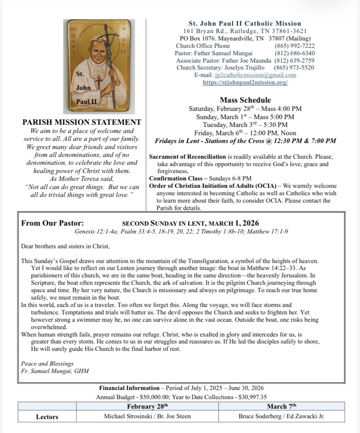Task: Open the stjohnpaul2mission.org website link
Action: [x=245, y=82]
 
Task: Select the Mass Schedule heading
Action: [x=245, y=100]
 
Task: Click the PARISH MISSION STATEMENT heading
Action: [x=82, y=123]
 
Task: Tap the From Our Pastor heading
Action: [x=53, y=223]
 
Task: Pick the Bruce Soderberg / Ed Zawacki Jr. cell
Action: [x=281, y=416]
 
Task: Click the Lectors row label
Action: [x=47, y=417]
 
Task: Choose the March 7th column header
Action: [x=281, y=406]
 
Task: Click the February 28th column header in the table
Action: [x=147, y=406]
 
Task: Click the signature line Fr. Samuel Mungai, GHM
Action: [x=54, y=371]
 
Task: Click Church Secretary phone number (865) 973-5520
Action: [x=294, y=67]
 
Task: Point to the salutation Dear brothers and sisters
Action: [x=65, y=246]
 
